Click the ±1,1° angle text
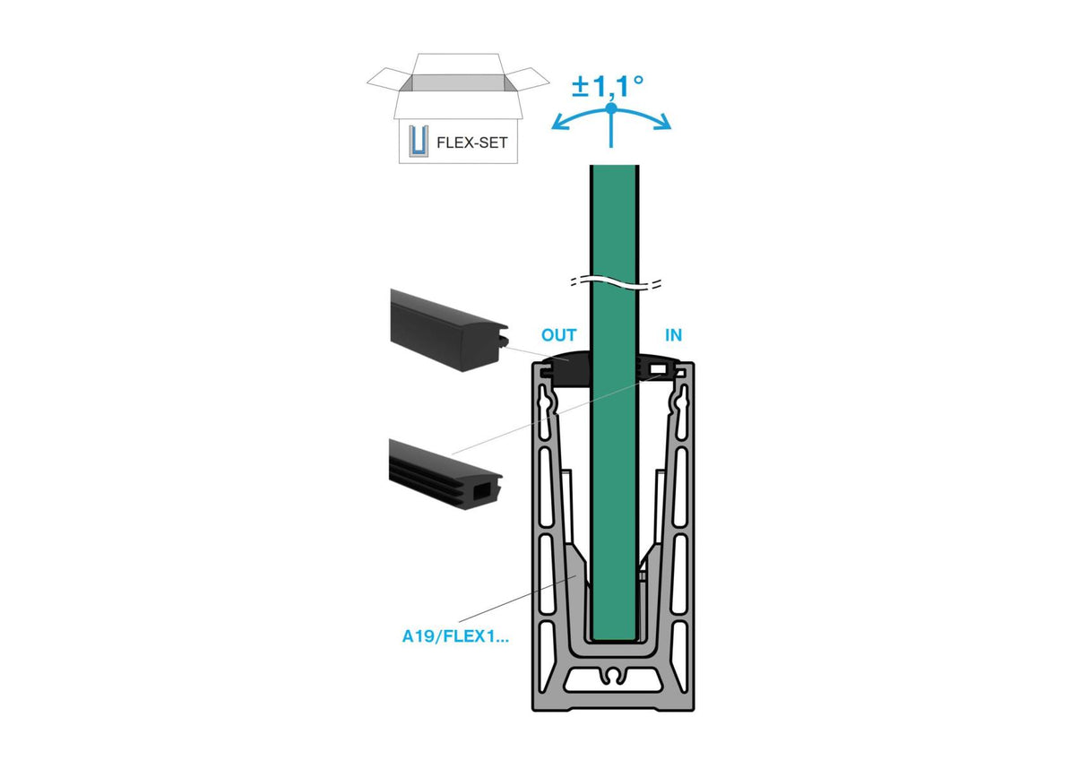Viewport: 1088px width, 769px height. tap(609, 86)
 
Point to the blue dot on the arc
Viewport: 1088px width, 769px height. tap(610, 108)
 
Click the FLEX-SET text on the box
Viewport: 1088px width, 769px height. tap(471, 142)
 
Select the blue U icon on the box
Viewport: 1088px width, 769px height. tap(416, 142)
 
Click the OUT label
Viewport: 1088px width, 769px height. tap(558, 335)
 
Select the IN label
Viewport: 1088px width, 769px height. tap(672, 335)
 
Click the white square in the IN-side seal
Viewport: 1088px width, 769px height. tap(660, 369)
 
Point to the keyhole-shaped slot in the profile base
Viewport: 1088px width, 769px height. tap(615, 673)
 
